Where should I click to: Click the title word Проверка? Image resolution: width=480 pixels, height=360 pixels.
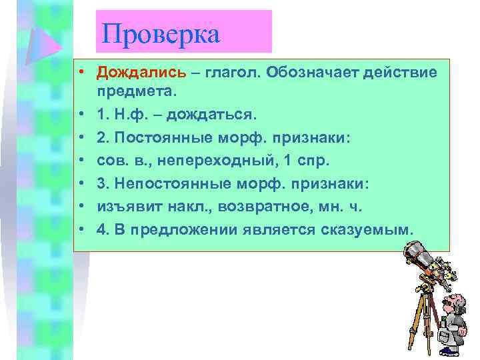point(161,33)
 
